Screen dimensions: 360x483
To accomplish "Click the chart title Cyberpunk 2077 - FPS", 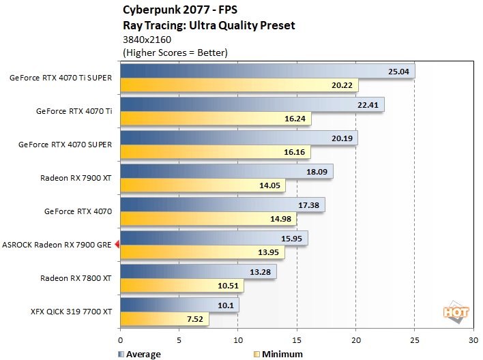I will point(176,10).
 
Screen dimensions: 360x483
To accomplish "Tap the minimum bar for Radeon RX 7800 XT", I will point(182,286).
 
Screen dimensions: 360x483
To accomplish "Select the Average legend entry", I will point(140,354).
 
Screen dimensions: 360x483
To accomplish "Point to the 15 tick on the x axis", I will point(297,340).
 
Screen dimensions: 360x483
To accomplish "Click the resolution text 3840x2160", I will point(147,40).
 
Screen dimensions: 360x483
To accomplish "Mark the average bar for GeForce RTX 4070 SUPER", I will point(239,138).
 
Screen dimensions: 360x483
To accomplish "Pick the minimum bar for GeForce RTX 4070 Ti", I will point(216,119).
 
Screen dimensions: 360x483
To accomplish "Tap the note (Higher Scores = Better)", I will point(175,52).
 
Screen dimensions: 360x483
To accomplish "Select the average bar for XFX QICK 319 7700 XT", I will point(179,304).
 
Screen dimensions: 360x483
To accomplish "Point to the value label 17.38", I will point(310,205).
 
